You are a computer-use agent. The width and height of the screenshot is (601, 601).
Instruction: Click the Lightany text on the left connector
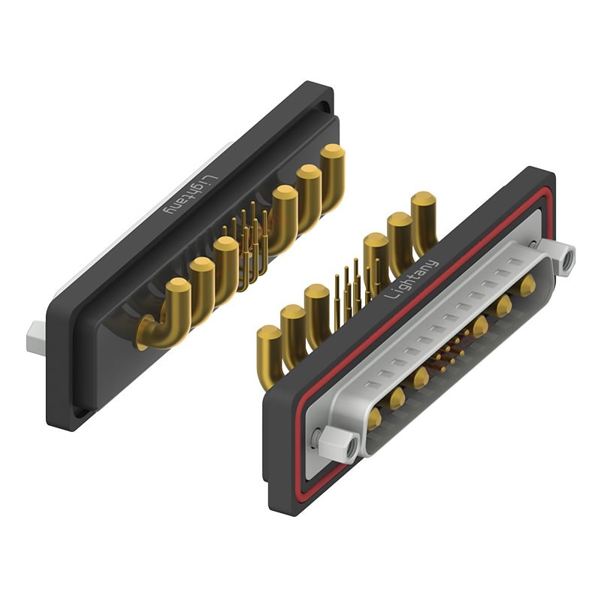(191, 195)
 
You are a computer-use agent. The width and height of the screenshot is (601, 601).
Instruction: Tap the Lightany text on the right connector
(411, 279)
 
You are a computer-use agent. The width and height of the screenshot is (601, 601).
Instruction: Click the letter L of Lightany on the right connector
(390, 294)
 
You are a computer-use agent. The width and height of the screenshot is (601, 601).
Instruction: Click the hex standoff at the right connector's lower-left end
(340, 444)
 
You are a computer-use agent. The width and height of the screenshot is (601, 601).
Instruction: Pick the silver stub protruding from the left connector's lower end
(35, 337)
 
